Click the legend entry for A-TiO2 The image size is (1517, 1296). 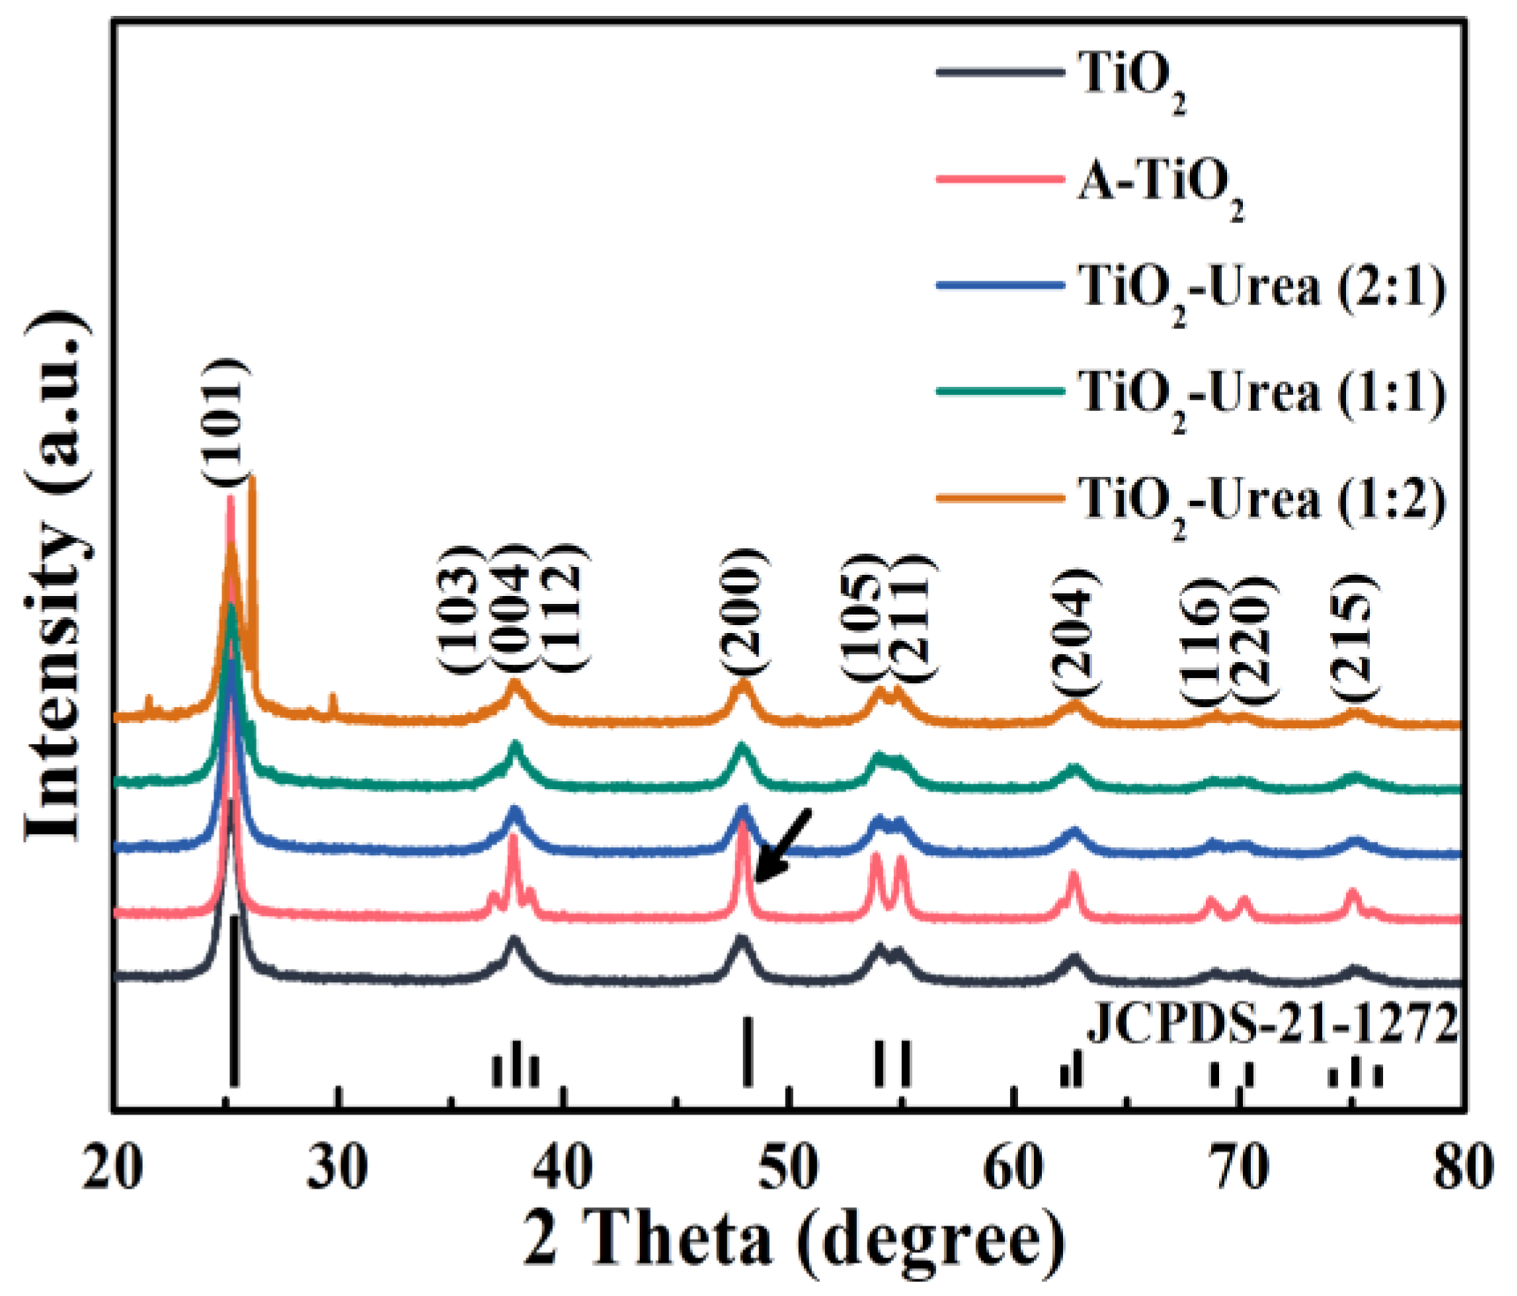click(1160, 183)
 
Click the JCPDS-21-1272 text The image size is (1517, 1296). click(1271, 1025)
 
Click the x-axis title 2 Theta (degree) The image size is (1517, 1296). click(793, 1239)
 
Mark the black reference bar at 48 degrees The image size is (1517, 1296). click(747, 1051)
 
